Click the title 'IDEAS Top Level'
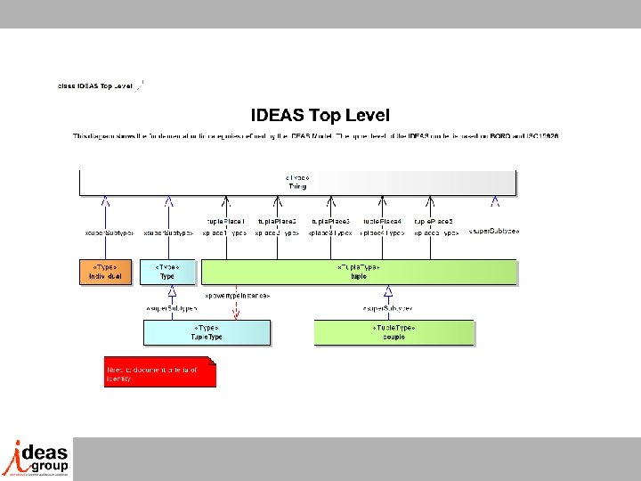[320, 115]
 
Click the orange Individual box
[106, 272]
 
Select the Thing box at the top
[297, 182]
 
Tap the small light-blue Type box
[167, 272]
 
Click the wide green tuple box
[359, 272]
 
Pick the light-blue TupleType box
[207, 332]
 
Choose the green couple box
[394, 332]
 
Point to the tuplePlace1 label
[226, 220]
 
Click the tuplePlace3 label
[330, 220]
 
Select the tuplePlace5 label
[434, 220]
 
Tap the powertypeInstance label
[237, 294]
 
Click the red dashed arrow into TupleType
[236, 309]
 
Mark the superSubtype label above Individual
[107, 233]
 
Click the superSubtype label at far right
[493, 232]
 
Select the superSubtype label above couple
[387, 308]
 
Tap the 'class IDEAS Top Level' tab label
[94, 86]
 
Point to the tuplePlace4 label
[382, 220]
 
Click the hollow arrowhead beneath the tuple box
[388, 291]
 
